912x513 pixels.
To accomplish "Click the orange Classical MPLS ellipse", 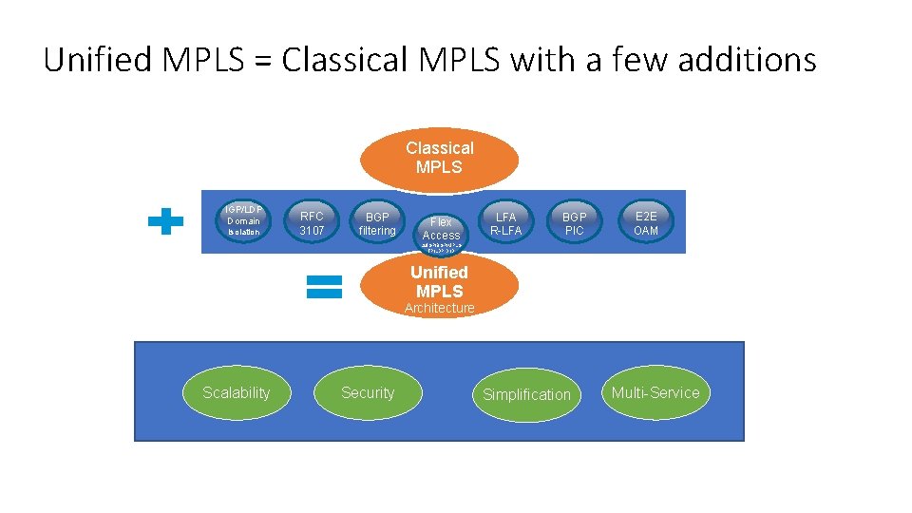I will point(440,158).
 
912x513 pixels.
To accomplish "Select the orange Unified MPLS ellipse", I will point(439,282).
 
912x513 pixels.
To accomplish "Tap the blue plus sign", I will point(166,222).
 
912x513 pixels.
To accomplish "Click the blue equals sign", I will point(324,287).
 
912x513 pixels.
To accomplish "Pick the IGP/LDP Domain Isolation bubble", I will point(243,221).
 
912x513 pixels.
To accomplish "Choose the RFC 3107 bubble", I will point(312,222).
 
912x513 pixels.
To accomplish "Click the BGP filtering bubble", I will point(377,223).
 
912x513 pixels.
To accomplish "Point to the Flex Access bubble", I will point(441,229).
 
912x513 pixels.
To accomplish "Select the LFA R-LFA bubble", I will point(505,223).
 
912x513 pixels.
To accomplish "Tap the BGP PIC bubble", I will point(575,223).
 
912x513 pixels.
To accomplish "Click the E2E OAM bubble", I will point(646,223).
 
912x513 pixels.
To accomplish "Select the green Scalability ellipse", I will point(236,393).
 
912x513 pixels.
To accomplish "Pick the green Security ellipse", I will point(368,393).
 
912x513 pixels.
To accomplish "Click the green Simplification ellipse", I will point(526,394).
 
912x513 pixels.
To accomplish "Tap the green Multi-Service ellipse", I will point(655,393).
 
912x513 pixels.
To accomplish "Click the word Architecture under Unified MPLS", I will point(439,309).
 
